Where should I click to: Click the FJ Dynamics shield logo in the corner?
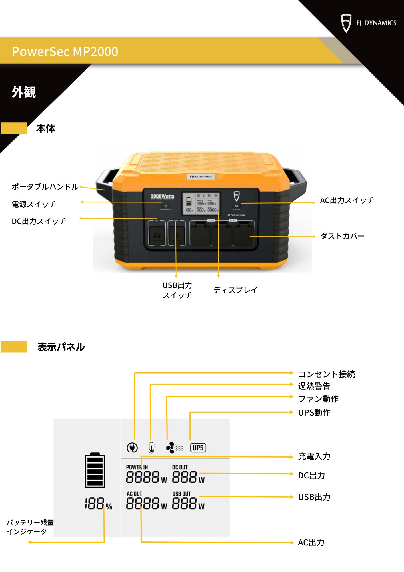click(x=346, y=23)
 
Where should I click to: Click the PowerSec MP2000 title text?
click(x=65, y=52)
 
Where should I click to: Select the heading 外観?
click(x=24, y=92)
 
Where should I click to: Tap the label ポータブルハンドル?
click(x=45, y=187)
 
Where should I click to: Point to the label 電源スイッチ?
click(x=34, y=204)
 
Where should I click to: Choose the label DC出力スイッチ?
click(x=39, y=221)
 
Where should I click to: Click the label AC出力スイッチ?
click(x=347, y=200)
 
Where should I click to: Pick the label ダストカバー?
click(x=342, y=236)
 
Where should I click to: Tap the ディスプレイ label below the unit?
click(x=235, y=290)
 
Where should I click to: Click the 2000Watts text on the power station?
click(x=162, y=196)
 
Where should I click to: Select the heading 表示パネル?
click(x=61, y=347)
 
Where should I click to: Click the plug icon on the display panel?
click(x=132, y=448)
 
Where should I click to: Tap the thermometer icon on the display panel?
click(x=152, y=448)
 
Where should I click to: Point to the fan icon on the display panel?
click(x=174, y=448)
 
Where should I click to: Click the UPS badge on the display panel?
click(x=198, y=448)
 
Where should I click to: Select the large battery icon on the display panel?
click(x=95, y=470)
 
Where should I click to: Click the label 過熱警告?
click(x=314, y=386)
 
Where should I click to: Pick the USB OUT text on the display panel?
click(x=181, y=494)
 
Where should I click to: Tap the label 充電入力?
click(x=314, y=456)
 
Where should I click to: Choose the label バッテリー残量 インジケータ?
click(x=30, y=527)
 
